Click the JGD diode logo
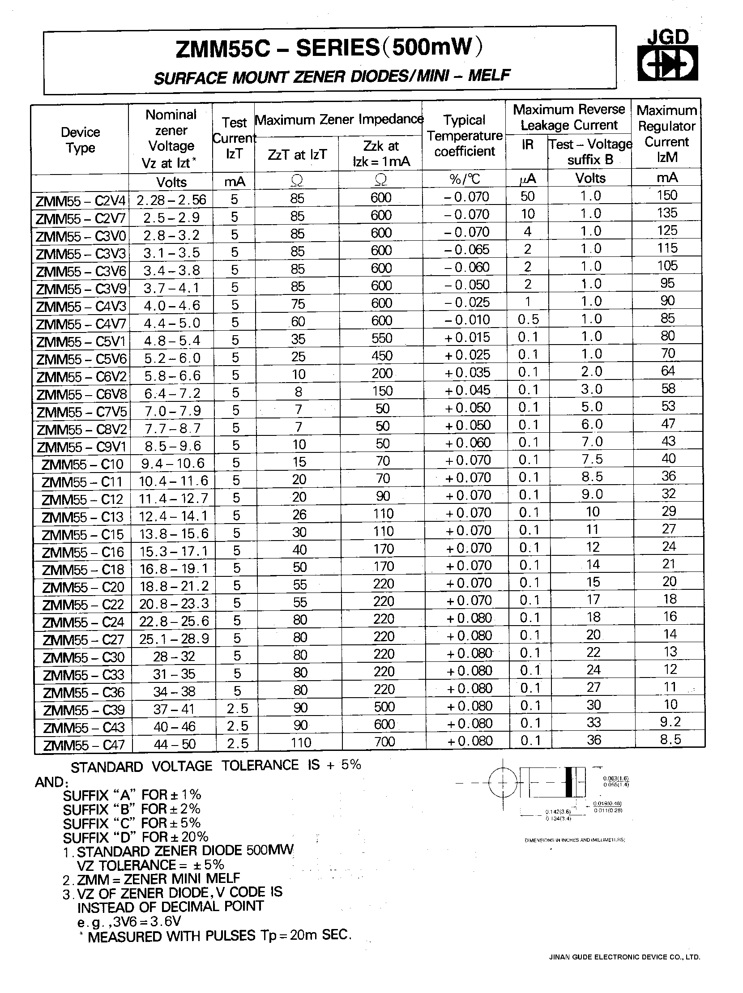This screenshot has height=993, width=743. click(x=667, y=56)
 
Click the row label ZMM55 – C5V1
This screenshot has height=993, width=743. click(x=81, y=341)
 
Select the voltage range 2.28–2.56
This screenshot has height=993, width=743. click(x=171, y=200)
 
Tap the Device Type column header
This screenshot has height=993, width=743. click(x=81, y=140)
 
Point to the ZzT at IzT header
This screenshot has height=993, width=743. click(x=297, y=154)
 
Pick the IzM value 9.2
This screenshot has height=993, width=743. click(x=670, y=722)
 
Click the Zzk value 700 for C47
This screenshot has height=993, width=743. click(x=384, y=741)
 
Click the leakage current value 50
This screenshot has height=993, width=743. click(x=528, y=196)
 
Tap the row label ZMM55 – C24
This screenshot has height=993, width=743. click(x=83, y=622)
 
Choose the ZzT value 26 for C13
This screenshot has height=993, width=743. click(x=299, y=515)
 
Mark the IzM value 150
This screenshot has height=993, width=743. click(x=667, y=195)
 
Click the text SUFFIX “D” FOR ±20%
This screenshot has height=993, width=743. click(x=136, y=837)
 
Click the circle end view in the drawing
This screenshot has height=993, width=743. click(x=503, y=783)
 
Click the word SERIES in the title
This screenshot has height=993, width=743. click(x=337, y=48)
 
